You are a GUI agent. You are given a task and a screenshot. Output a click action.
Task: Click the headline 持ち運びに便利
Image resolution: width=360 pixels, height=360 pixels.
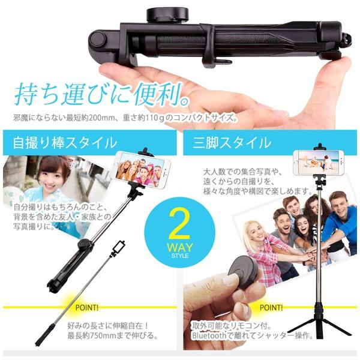tap(102, 94)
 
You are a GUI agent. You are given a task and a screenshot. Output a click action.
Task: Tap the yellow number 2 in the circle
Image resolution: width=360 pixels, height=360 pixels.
tap(179, 223)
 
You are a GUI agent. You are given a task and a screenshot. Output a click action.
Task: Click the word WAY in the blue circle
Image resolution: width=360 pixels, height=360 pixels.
tap(180, 247)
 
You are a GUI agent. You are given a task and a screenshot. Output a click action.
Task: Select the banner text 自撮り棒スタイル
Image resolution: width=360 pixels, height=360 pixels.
tap(65, 143)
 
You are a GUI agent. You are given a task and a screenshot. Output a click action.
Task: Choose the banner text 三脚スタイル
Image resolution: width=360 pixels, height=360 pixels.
tap(232, 143)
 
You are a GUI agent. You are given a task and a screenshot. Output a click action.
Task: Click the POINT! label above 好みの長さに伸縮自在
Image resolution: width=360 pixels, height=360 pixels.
tap(87, 308)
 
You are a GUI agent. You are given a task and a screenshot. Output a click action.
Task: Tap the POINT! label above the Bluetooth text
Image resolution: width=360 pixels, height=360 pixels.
tap(271, 307)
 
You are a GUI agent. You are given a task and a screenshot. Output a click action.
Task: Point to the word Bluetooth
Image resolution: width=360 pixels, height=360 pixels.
tap(209, 335)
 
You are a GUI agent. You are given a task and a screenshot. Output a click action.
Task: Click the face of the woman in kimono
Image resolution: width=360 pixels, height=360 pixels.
tap(52, 174)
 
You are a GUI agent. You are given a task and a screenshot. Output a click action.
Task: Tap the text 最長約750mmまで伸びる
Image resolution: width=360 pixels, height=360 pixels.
tap(113, 336)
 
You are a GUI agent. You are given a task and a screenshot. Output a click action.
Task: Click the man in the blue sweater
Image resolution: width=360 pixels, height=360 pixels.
tap(338, 220)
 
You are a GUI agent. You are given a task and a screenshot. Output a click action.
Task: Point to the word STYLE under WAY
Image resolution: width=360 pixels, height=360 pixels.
tap(180, 256)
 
